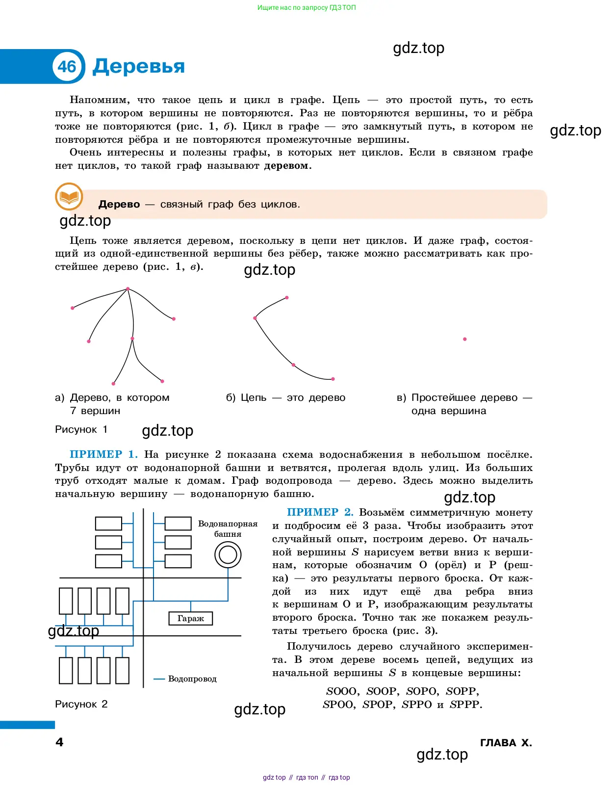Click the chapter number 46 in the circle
coord(67,66)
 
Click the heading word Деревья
coord(139,66)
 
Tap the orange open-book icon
coord(69,197)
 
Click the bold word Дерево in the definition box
coord(119,204)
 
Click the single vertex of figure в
coord(465,339)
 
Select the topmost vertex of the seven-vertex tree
coord(128,289)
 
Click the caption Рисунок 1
coord(81,429)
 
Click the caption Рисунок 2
coord(81,704)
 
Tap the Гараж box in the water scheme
coord(191,618)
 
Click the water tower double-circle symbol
coord(228,555)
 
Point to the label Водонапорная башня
coord(228,529)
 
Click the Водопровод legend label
coord(192,679)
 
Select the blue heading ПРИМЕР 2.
coord(320,512)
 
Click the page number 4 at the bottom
coord(59,742)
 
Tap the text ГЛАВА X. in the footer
coord(506,743)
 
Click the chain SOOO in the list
coord(341,691)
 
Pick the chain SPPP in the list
coord(465,705)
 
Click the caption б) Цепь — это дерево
coord(285,397)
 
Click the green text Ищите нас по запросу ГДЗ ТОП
coord(307,8)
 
